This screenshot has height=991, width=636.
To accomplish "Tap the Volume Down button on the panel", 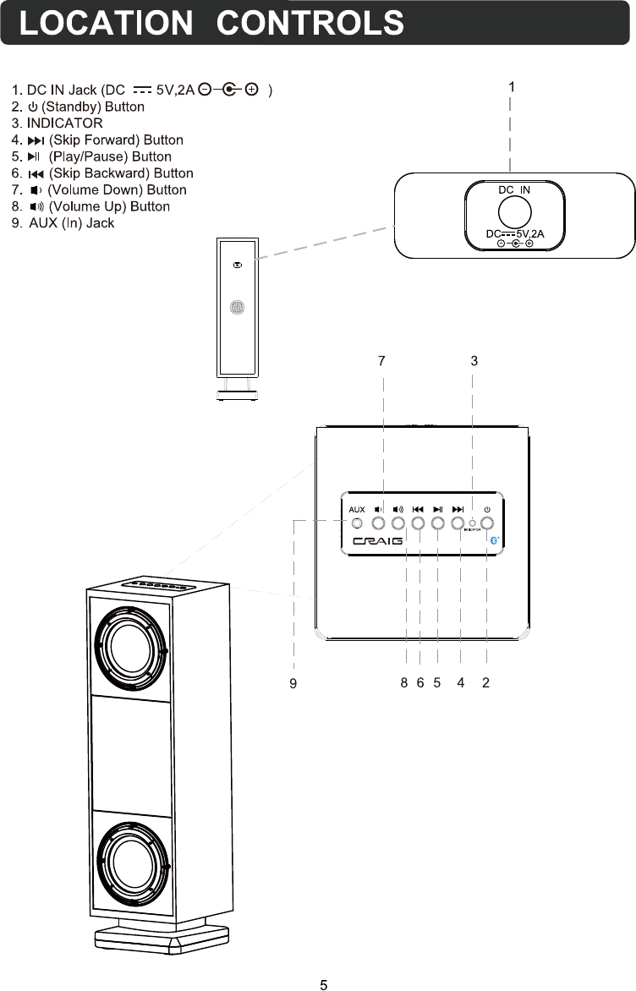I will click(x=378, y=523).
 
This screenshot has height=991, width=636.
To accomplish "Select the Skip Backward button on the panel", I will click(x=418, y=523).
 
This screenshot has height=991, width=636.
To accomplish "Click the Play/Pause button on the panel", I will click(x=437, y=523).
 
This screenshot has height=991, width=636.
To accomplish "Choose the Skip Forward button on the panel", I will click(x=458, y=523).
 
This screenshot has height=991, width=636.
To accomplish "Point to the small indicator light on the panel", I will click(x=472, y=523).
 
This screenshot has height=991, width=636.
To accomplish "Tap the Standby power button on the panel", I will click(x=487, y=523).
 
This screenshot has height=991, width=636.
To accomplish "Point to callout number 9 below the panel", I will click(x=293, y=684).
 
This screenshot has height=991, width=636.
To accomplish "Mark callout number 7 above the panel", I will click(x=381, y=360).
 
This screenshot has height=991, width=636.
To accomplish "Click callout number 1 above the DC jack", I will click(x=512, y=86).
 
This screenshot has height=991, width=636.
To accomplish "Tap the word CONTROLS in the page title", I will click(x=310, y=23).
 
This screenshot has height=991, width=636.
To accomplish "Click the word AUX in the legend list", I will click(x=44, y=223).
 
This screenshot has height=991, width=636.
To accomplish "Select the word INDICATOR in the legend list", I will click(x=64, y=123).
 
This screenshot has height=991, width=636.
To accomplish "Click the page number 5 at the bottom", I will click(x=323, y=984).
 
